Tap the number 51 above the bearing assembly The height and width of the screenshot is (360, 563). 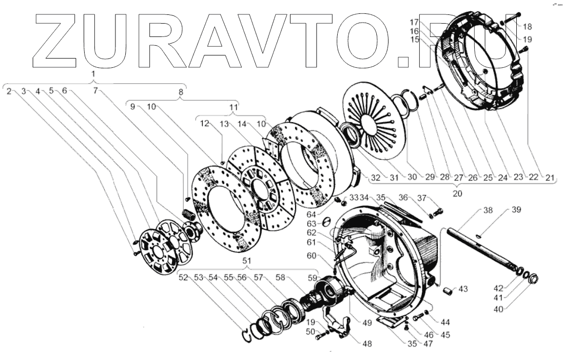coord(247,261)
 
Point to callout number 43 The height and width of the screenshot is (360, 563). coord(463,290)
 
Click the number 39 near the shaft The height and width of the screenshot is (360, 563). coord(515,210)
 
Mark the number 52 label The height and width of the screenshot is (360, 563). coord(183,278)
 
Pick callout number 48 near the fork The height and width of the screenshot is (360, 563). coord(367,344)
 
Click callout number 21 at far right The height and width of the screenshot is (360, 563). coord(550,178)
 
